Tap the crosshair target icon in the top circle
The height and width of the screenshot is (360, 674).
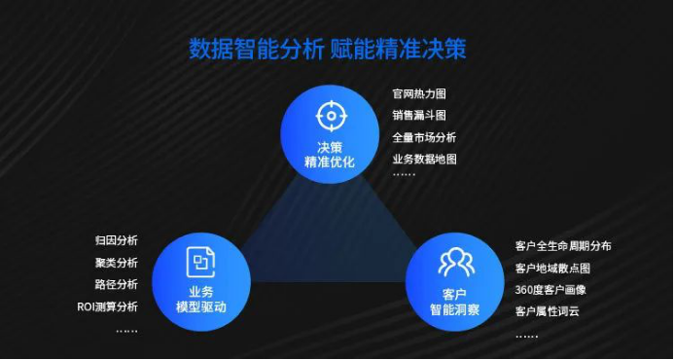[331, 117]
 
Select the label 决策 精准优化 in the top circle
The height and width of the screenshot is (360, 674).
[331, 154]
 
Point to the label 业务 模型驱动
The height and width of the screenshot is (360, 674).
[201, 299]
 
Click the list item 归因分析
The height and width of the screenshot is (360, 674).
[117, 240]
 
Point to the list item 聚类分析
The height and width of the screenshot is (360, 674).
[117, 263]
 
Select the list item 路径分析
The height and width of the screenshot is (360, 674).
[117, 284]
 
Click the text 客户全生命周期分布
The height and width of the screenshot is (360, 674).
[563, 246]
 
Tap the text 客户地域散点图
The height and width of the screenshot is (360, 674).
[552, 269]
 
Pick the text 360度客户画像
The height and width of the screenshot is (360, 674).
[550, 290]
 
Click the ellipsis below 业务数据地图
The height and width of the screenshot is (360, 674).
[404, 176]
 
